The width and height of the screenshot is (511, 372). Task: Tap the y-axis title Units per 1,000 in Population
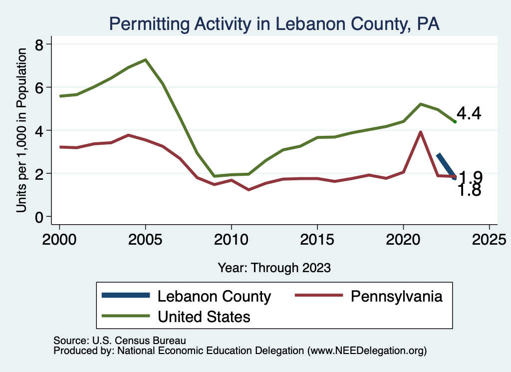(x=22, y=131)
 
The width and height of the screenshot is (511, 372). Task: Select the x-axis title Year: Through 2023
(x=274, y=268)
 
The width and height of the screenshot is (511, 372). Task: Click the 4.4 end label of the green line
(x=469, y=114)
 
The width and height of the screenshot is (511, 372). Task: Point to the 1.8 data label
(x=469, y=190)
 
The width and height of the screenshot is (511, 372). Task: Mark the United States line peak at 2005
(x=145, y=60)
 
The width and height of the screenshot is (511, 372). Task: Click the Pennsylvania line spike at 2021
(x=421, y=132)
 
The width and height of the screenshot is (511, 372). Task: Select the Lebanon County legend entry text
(x=214, y=297)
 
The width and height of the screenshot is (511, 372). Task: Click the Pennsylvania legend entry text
(x=397, y=297)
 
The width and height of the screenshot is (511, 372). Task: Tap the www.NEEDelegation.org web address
(x=367, y=351)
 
